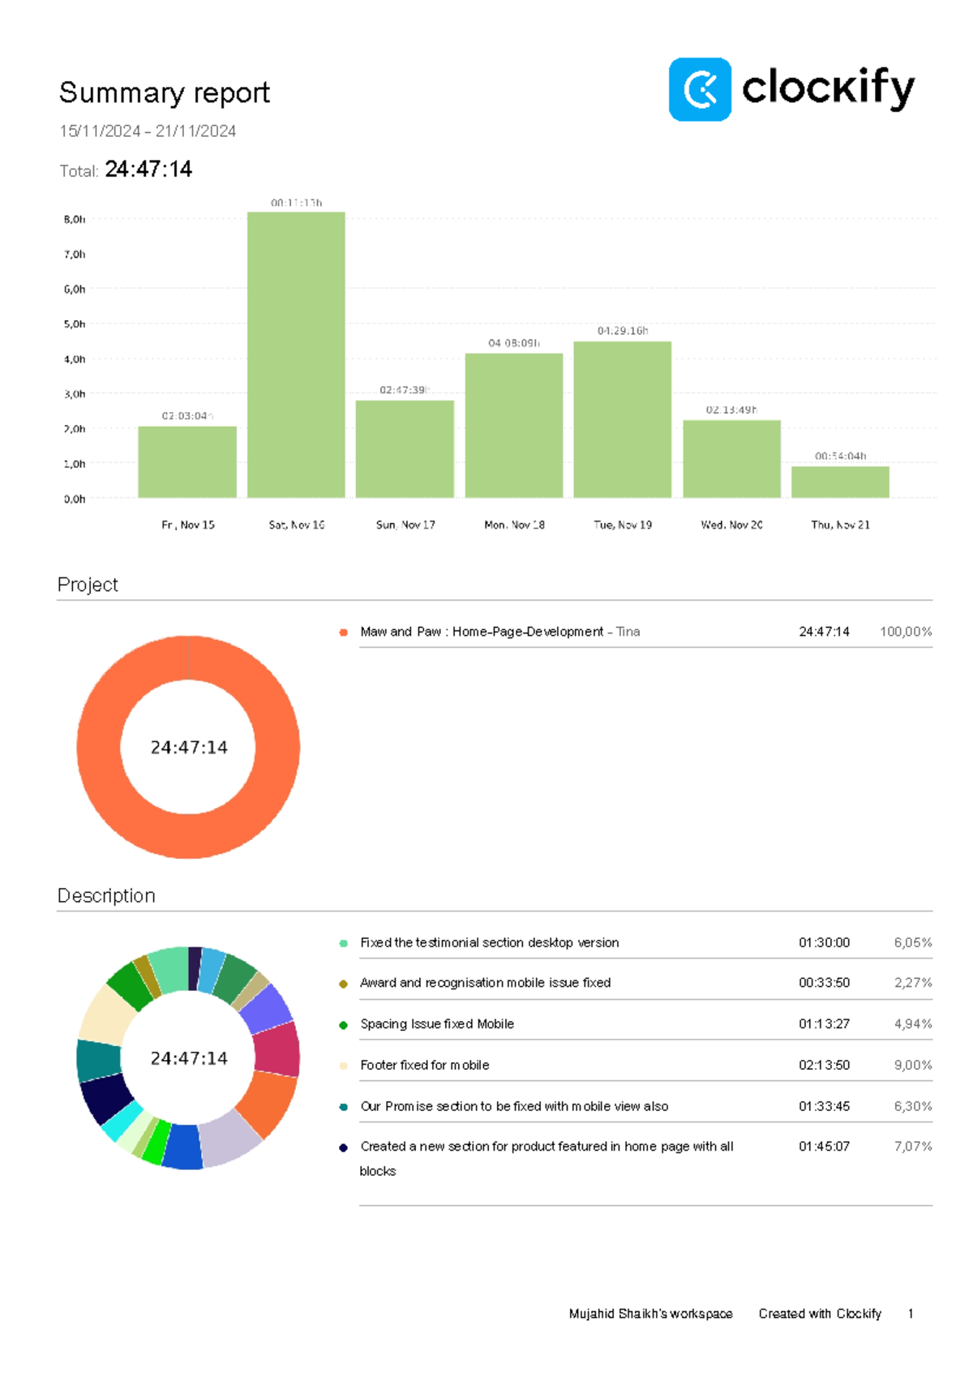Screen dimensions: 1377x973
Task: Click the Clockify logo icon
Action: click(x=700, y=89)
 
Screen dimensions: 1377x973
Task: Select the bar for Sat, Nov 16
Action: click(x=296, y=354)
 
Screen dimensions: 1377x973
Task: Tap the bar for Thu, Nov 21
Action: click(x=840, y=482)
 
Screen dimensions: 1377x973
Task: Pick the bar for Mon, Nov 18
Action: click(x=513, y=425)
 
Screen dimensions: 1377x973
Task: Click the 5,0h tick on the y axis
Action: click(x=75, y=324)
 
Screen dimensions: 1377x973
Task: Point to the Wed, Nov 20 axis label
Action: click(x=731, y=525)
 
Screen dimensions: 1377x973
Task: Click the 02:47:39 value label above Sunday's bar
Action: click(x=403, y=390)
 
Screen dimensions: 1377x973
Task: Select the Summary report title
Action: click(x=164, y=92)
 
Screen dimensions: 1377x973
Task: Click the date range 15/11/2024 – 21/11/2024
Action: click(x=148, y=131)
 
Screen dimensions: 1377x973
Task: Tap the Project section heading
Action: click(x=88, y=585)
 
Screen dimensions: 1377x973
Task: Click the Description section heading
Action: click(x=106, y=895)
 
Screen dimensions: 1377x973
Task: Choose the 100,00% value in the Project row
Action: click(x=906, y=632)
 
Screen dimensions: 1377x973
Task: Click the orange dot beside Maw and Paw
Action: click(x=343, y=632)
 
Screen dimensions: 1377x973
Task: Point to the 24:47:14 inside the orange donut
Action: click(x=189, y=747)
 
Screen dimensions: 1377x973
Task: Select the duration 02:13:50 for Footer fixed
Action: click(x=824, y=1065)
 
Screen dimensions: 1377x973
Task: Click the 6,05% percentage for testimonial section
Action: click(x=913, y=942)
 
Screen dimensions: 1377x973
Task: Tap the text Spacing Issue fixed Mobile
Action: click(x=437, y=1023)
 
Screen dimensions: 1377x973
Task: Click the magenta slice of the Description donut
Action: click(x=276, y=1048)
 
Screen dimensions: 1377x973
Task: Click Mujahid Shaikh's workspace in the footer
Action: click(x=650, y=1314)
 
